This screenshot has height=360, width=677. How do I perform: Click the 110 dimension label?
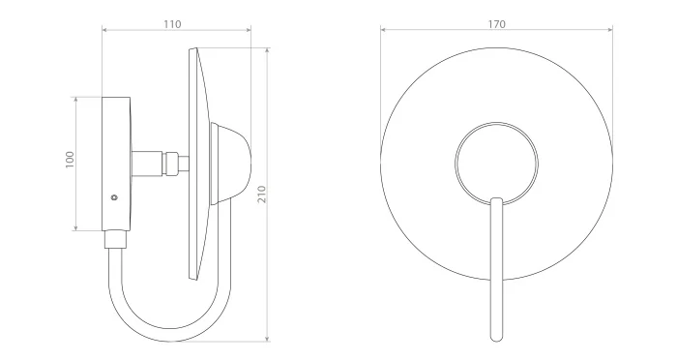click(x=172, y=24)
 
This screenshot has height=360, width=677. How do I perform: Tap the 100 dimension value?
click(x=70, y=160)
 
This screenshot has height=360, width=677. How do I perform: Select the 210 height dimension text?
click(x=262, y=195)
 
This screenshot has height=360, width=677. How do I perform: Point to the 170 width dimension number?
click(x=496, y=24)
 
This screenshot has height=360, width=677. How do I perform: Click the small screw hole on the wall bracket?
click(x=114, y=197)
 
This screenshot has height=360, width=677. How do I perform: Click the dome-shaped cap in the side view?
click(x=230, y=163)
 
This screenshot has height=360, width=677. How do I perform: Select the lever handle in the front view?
click(x=497, y=269)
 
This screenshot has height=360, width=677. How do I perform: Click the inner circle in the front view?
click(x=496, y=123)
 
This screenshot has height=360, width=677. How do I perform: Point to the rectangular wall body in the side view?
click(x=116, y=164)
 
